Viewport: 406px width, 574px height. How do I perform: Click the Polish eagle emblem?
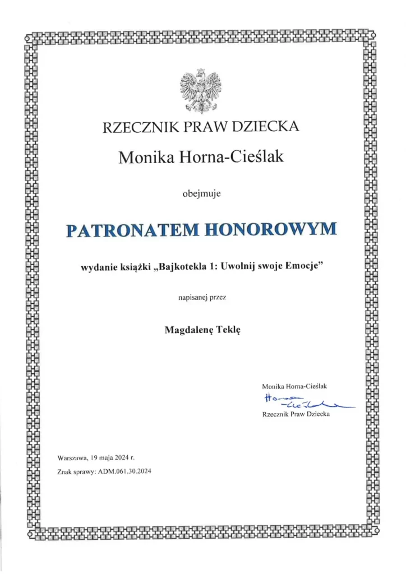[201, 90]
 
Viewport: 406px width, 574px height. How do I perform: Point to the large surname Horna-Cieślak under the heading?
[231, 158]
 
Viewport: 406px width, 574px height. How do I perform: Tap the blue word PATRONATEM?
[132, 230]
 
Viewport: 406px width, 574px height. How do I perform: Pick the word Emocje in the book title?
[306, 267]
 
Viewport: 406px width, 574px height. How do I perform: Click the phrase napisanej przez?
[202, 300]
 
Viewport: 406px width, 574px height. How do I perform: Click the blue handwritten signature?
[303, 400]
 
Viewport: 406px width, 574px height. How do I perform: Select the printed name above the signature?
[294, 386]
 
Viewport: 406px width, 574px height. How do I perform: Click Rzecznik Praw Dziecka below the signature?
[296, 414]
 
